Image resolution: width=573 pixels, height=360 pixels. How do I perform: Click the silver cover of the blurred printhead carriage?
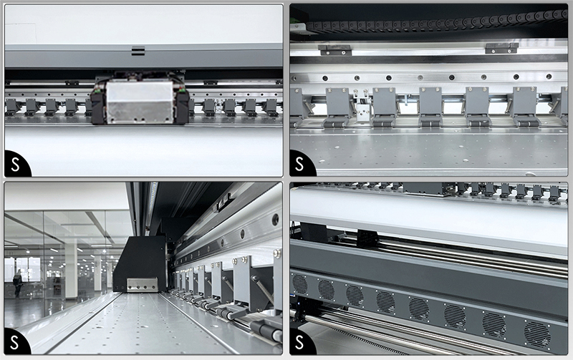coord(140,102)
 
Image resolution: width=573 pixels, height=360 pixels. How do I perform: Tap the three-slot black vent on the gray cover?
coord(138,51)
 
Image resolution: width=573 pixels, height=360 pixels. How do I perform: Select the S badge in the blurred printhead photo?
coord(16,165)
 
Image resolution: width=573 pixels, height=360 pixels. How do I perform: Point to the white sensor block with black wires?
coord(362,108)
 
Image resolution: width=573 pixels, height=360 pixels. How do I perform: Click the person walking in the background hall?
coord(16,283)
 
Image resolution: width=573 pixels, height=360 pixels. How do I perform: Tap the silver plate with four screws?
coord(142,285)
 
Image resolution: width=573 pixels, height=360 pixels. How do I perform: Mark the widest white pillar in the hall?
coord(71,271)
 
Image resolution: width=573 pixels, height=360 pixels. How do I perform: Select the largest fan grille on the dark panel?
coord(537,335)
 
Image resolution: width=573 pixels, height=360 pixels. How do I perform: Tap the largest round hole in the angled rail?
coord(275,220)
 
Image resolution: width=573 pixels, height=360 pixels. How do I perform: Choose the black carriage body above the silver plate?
coord(140,262)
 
